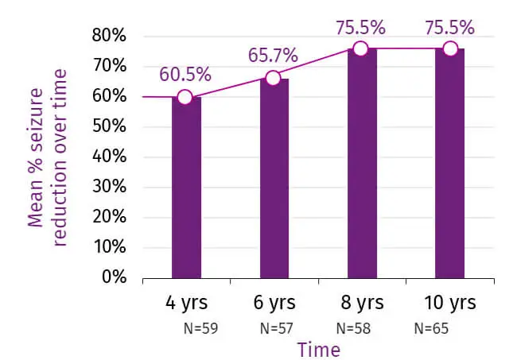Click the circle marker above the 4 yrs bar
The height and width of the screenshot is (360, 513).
185,97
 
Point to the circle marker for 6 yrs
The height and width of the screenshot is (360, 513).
273,77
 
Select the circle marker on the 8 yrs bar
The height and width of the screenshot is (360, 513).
360,48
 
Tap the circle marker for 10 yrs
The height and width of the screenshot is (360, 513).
450,48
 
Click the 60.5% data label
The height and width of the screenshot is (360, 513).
185,75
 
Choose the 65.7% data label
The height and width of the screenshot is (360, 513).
273,55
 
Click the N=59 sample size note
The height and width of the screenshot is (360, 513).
199,327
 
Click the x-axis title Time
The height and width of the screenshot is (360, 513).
318,349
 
